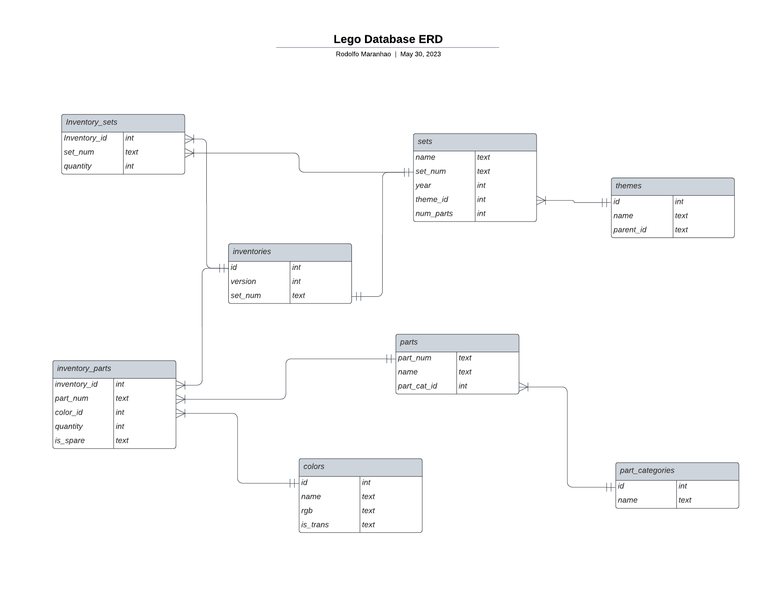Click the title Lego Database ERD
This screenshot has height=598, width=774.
[x=388, y=39]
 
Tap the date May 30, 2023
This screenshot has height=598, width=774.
[x=420, y=54]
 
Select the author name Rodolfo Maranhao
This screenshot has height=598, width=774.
[x=363, y=54]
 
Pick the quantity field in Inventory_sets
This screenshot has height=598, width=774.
[x=78, y=166]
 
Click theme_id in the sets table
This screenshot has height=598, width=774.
[x=432, y=200]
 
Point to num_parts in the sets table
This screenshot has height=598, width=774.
[x=434, y=214]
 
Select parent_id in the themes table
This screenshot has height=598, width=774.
[x=630, y=230]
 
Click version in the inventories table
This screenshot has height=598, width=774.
[x=243, y=281]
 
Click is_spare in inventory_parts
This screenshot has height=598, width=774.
[x=70, y=441]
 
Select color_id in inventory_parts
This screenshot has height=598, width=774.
[x=69, y=412]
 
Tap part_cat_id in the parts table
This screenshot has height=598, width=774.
[x=417, y=386]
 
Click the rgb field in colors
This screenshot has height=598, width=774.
[x=307, y=511]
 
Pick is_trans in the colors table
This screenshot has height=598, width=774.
[x=315, y=525]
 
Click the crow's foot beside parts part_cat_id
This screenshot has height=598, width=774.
[x=524, y=387]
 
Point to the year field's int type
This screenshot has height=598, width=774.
[x=482, y=186]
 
